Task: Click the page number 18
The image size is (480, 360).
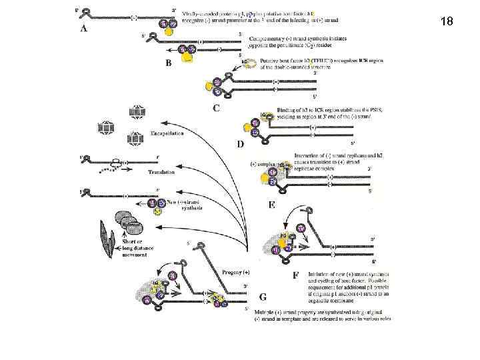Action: click(x=447, y=22)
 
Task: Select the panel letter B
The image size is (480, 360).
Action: click(x=169, y=63)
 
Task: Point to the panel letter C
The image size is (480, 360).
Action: click(x=217, y=107)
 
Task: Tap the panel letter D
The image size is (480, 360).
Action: click(x=241, y=144)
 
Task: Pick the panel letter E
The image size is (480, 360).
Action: click(x=272, y=205)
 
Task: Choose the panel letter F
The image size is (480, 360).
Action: click(x=295, y=274)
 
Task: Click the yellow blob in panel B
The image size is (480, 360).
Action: click(x=189, y=58)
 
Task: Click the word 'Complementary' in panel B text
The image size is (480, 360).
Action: click(x=265, y=38)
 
